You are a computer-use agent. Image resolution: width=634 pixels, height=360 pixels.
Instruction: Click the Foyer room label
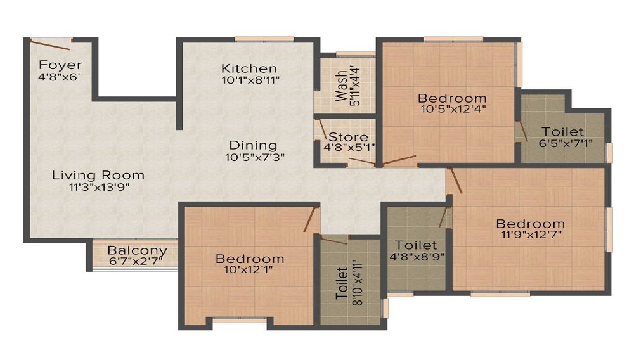[60, 65]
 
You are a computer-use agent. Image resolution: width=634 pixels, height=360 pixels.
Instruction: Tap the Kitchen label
[249, 68]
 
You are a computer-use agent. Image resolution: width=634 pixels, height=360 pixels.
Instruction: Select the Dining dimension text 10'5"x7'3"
[255, 157]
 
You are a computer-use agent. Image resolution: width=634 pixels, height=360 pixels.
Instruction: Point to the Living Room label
[98, 176]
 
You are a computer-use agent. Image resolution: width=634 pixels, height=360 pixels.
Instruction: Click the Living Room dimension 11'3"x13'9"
[99, 187]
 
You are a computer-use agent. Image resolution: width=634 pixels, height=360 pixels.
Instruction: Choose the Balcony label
[138, 251]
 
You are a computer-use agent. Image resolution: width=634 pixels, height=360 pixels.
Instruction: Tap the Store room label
[348, 137]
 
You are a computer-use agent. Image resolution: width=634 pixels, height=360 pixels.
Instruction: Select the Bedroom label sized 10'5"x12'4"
[452, 98]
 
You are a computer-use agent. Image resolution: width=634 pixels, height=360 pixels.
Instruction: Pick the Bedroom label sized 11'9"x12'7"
[531, 224]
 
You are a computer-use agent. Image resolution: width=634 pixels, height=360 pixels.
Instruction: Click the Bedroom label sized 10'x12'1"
[250, 259]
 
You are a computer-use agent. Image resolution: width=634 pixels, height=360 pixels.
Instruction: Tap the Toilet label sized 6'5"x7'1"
[562, 132]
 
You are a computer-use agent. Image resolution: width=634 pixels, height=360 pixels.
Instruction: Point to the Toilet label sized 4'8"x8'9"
[416, 245]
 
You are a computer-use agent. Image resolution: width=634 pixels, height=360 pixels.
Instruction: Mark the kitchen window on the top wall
[264, 39]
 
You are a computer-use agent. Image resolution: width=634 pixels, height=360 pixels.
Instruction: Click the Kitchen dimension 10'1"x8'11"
[250, 80]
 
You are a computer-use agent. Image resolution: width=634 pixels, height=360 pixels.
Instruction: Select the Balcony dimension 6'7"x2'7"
[136, 261]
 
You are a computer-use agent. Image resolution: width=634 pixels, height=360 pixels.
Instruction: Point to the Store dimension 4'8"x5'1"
[349, 147]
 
